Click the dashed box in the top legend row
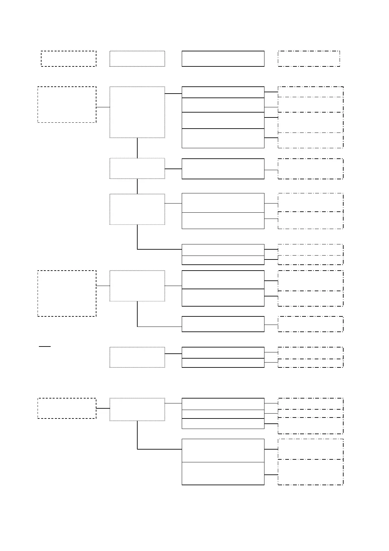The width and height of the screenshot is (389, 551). click(x=68, y=59)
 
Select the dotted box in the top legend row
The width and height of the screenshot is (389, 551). click(x=137, y=59)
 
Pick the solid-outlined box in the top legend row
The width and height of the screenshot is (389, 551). click(x=223, y=59)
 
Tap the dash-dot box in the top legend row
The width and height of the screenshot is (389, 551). click(x=309, y=59)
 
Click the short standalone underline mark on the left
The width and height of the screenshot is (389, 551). click(x=45, y=346)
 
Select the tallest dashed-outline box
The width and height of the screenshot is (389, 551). click(x=67, y=293)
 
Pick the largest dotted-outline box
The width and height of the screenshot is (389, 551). click(x=137, y=112)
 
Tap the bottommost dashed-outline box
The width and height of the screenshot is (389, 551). click(x=67, y=408)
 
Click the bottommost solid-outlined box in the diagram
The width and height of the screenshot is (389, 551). click(x=223, y=473)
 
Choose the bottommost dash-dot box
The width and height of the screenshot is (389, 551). click(x=310, y=472)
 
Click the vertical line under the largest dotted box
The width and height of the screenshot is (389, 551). click(x=137, y=148)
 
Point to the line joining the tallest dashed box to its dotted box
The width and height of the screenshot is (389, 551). click(x=103, y=286)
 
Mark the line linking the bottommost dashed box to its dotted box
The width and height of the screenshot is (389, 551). click(x=103, y=408)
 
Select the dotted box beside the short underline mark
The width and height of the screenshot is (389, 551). click(x=137, y=357)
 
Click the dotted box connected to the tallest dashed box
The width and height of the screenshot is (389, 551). click(x=137, y=286)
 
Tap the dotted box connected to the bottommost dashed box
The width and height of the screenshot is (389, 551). click(x=137, y=409)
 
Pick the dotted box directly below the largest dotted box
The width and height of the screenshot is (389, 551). click(x=137, y=169)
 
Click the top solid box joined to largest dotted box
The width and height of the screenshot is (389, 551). click(x=223, y=92)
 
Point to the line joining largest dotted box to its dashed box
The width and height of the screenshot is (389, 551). click(x=103, y=107)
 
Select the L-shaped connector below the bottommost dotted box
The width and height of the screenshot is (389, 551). click(x=138, y=438)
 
